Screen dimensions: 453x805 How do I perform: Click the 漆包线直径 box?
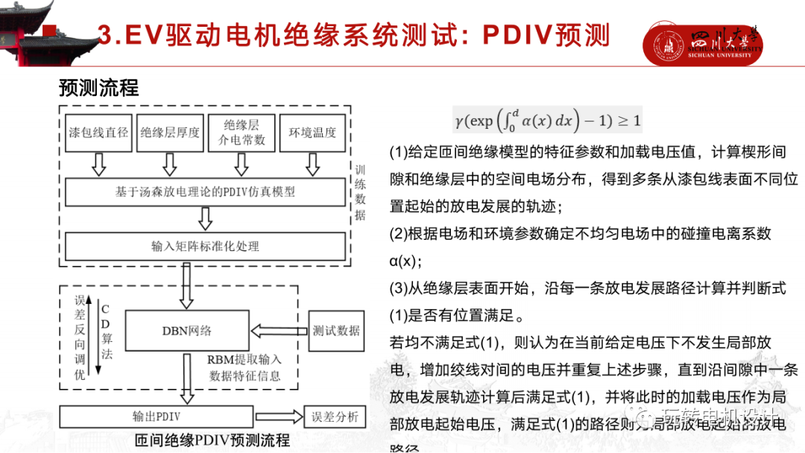(x=99, y=133)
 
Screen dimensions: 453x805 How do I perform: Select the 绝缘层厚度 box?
(x=170, y=133)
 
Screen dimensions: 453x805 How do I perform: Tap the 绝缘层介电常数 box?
(x=241, y=133)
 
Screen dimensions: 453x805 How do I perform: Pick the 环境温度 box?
(x=312, y=133)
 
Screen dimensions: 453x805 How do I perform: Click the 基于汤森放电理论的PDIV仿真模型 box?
(x=205, y=192)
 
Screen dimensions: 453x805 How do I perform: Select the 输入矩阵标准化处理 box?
(x=205, y=246)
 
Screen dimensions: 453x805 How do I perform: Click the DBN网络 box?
(x=186, y=330)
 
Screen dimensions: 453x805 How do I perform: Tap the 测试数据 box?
(x=336, y=330)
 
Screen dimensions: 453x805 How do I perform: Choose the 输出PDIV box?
(x=157, y=416)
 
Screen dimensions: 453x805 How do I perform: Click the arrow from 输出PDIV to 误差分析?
(x=278, y=416)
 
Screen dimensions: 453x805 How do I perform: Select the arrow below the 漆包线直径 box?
(x=99, y=164)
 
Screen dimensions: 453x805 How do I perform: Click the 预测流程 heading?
(x=99, y=88)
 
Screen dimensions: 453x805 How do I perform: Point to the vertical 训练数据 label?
(x=360, y=192)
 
